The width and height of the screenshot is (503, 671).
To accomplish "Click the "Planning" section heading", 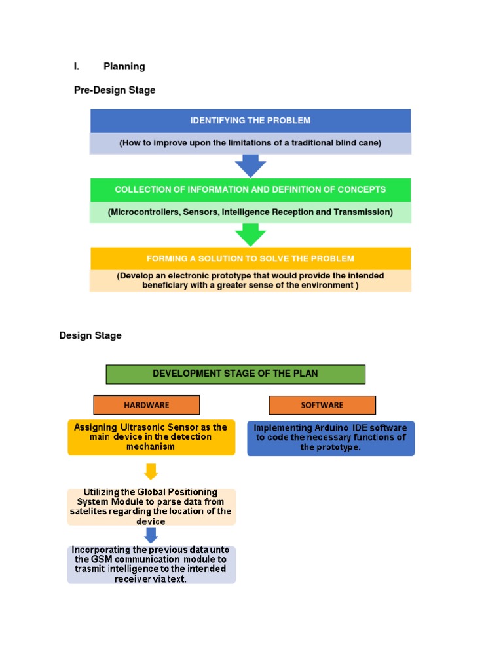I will [124, 66].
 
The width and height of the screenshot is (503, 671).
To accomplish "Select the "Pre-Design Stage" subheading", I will [115, 90].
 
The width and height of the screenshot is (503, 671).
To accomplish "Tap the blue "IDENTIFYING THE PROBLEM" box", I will [250, 121].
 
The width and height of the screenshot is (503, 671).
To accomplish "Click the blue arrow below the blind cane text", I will [250, 166].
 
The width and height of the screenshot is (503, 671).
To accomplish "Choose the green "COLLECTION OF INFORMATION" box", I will [250, 189].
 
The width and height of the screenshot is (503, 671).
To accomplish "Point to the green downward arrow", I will [250, 235].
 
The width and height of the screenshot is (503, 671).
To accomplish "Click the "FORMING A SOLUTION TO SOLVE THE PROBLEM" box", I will [250, 258].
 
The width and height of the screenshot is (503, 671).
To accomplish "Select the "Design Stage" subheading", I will [90, 335].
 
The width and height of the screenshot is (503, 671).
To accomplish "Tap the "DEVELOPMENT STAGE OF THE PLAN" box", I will [235, 374].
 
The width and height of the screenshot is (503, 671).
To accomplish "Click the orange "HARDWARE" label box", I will [147, 405].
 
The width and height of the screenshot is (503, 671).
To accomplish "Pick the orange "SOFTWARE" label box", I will [322, 405].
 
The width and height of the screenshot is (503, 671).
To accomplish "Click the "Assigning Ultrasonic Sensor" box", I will [151, 437].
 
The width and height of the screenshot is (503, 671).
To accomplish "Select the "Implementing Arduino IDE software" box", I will [331, 438].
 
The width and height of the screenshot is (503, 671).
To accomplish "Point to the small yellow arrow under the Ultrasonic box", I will [151, 471].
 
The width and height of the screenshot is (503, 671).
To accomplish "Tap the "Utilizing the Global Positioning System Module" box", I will [151, 506].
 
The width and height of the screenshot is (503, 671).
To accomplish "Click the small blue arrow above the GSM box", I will [151, 535].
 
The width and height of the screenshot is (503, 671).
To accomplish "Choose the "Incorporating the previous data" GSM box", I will [151, 564].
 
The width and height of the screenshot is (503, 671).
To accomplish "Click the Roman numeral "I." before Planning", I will [77, 66].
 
